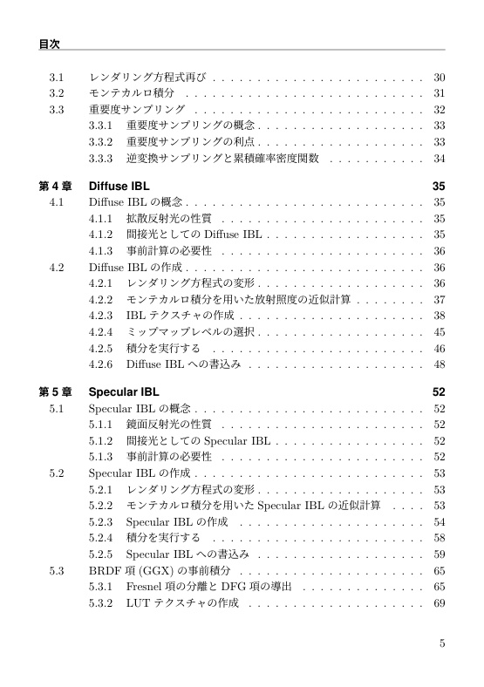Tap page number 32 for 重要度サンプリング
439,110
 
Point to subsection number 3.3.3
102,159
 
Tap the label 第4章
56,187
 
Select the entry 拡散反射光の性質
169,219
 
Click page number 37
439,299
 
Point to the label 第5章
56,391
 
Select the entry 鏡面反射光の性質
169,424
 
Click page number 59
439,553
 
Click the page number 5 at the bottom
442,644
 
